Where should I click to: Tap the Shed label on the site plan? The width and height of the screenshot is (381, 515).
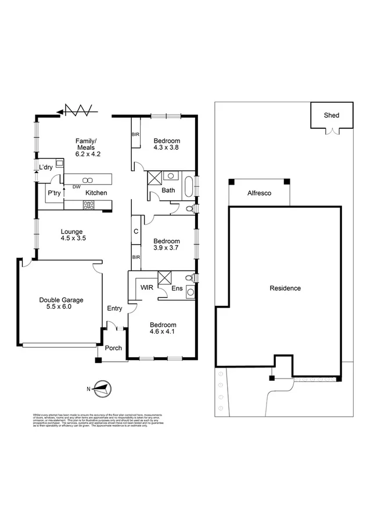331,116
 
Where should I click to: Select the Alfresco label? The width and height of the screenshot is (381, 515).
260,193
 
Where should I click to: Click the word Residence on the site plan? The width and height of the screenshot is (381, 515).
285,288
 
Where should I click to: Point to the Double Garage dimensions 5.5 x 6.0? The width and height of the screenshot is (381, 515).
62,307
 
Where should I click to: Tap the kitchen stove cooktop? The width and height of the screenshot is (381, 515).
89,204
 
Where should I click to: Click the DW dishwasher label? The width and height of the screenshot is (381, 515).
76,186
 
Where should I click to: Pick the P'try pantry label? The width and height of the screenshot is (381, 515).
55,193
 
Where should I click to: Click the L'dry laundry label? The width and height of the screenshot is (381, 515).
46,168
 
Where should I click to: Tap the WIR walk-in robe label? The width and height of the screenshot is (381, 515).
146,287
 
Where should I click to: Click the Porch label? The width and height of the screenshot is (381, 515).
113,348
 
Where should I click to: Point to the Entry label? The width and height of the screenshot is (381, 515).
114,308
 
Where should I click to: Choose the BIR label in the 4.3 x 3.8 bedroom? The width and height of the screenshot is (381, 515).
135,135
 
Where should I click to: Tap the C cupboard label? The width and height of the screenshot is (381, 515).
135,231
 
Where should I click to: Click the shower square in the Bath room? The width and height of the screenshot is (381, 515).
155,177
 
